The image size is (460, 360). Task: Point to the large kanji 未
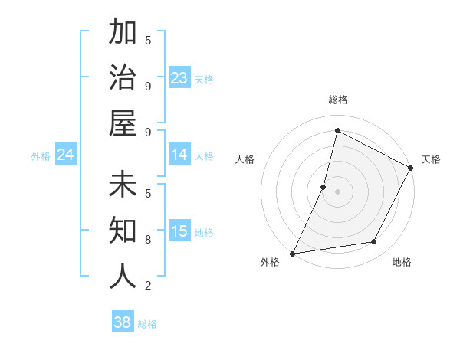click(x=123, y=185)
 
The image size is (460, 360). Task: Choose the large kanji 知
click(x=123, y=230)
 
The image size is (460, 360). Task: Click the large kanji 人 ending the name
click(x=123, y=276)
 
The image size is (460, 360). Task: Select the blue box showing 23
click(x=179, y=78)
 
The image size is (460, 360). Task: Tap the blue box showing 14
click(x=179, y=155)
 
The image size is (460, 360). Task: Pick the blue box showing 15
click(x=179, y=232)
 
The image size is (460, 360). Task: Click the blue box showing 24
click(x=66, y=155)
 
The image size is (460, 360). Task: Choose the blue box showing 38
click(x=123, y=322)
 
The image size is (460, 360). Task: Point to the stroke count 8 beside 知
click(x=148, y=240)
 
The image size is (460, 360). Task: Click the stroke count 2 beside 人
click(x=148, y=286)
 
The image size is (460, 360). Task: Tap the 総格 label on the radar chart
click(x=337, y=100)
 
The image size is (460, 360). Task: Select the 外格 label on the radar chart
click(x=270, y=263)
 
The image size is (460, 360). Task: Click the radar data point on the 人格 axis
click(x=324, y=187)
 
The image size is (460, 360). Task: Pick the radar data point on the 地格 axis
click(x=374, y=242)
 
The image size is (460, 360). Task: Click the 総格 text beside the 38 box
click(x=147, y=324)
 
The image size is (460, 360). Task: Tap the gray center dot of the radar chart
click(x=337, y=191)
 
